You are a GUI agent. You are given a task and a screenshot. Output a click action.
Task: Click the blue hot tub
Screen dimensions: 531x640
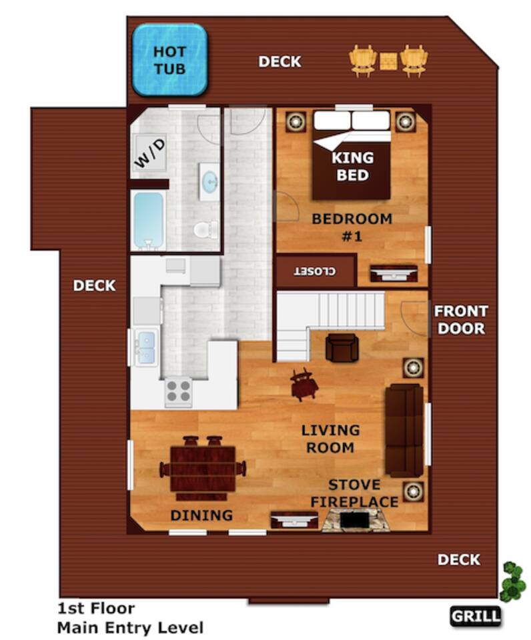[x=169, y=60]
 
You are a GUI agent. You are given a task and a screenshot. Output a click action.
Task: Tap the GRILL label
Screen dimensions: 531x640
[x=476, y=615]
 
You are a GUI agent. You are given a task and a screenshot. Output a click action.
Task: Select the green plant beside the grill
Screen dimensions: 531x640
[x=512, y=581]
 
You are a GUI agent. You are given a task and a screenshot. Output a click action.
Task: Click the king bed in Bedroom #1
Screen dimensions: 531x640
[x=352, y=155]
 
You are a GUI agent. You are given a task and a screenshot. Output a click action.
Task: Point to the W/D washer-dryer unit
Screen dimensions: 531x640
[x=149, y=153]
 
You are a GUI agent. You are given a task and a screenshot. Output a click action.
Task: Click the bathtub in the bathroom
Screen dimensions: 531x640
[x=149, y=221]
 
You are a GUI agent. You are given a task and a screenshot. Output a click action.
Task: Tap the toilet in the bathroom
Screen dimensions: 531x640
[x=205, y=229]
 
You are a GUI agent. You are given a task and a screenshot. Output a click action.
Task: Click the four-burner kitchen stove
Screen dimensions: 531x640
[x=178, y=392]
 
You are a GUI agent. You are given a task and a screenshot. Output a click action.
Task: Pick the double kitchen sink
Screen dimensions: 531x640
[x=146, y=347]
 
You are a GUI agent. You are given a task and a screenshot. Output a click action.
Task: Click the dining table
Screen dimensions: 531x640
[x=203, y=469]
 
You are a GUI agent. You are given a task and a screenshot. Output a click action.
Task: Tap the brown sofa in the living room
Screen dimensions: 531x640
[x=404, y=430]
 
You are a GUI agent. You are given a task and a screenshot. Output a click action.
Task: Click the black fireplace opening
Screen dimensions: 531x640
[x=354, y=521]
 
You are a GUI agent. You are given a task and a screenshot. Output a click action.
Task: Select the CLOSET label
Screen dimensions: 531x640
[x=316, y=271]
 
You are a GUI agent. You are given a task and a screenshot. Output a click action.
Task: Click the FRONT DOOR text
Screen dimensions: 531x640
[x=461, y=319]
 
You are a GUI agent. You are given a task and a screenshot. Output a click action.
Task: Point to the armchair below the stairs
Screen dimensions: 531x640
[x=342, y=347]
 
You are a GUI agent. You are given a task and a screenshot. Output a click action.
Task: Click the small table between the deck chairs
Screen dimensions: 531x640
[x=388, y=61]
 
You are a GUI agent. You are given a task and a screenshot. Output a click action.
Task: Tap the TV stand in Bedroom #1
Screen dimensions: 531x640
[x=394, y=273]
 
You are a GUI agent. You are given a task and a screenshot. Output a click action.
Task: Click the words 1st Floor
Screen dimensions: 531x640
[x=96, y=608]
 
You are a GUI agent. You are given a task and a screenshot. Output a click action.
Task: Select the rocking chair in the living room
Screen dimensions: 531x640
[x=304, y=385]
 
